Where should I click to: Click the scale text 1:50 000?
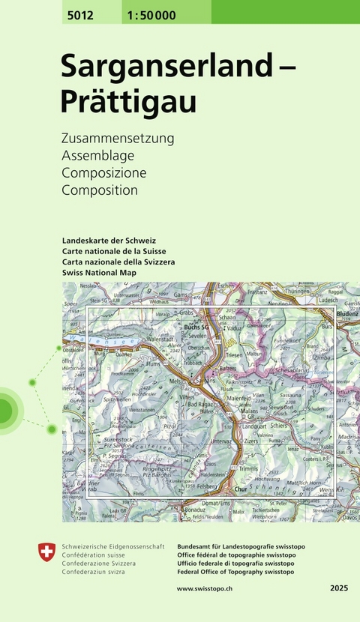click(x=133, y=11)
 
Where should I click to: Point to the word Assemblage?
click(x=97, y=156)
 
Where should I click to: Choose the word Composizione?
click(x=104, y=173)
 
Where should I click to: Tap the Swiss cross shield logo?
click(x=46, y=554)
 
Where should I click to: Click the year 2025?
click(x=339, y=589)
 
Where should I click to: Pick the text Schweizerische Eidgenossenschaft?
click(x=112, y=547)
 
